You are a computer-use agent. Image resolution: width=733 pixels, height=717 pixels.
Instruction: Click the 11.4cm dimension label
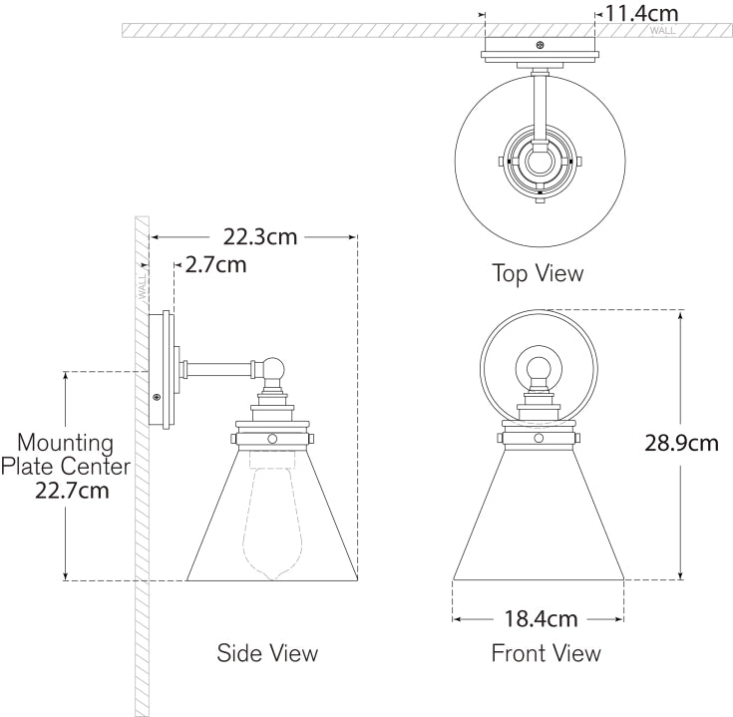[x=642, y=13]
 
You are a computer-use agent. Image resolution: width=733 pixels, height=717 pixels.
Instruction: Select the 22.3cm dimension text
[x=260, y=237]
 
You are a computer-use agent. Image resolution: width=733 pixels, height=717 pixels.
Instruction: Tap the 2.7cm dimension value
[x=215, y=265]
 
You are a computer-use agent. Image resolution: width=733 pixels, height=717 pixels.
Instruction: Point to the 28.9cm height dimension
[x=681, y=443]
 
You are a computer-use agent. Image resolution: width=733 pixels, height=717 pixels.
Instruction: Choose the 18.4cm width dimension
[x=541, y=619]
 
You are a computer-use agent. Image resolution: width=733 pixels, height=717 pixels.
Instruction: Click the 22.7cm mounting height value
[x=72, y=491]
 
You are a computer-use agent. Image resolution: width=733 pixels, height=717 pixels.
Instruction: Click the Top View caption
[x=538, y=273]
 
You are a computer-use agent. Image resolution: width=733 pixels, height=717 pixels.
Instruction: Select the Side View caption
[x=267, y=653]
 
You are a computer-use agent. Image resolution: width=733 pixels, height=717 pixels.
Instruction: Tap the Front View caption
[x=547, y=653]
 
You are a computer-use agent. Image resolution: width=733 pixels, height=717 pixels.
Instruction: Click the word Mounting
[x=66, y=443]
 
